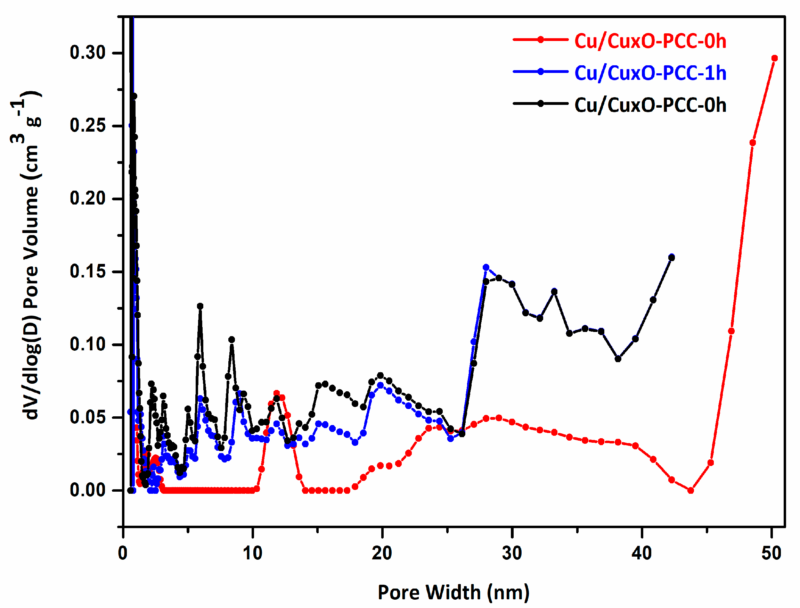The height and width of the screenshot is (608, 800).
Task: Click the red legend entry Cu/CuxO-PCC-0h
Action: (650, 41)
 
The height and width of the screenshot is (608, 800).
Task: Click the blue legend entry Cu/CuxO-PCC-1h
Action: (650, 73)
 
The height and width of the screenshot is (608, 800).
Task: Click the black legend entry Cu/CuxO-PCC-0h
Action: (650, 105)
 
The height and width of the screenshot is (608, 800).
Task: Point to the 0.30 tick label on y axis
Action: (88, 53)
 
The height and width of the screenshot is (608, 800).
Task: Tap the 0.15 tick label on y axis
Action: (88, 272)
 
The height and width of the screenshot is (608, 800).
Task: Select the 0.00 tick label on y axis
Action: (88, 490)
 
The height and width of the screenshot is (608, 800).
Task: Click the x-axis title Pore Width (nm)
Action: (454, 592)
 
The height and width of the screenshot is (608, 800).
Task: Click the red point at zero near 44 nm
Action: (691, 490)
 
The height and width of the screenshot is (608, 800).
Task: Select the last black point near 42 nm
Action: (671, 258)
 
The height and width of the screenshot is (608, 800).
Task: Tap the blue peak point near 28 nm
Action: (486, 267)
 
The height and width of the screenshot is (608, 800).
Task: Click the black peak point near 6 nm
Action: (200, 306)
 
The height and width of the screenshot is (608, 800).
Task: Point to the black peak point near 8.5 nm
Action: (232, 340)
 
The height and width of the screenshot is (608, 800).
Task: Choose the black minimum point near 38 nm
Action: (618, 359)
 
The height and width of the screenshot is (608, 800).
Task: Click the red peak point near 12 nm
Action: (277, 393)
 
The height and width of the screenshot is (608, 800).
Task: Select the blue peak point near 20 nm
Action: (380, 385)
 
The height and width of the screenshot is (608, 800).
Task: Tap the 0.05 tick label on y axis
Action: (88, 417)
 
